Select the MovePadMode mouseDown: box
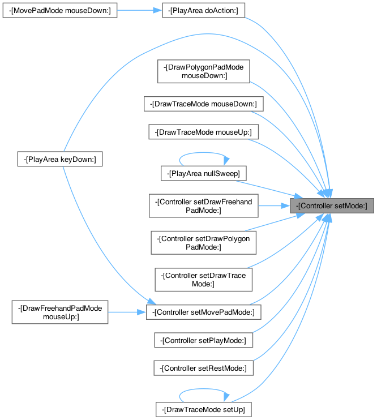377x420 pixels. click(59, 11)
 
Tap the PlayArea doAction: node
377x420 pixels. click(203, 11)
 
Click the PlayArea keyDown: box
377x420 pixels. click(59, 160)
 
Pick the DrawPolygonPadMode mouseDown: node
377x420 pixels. click(204, 71)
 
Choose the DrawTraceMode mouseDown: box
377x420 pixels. click(204, 104)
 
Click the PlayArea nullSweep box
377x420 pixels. click(204, 172)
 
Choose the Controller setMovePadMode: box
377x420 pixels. click(204, 312)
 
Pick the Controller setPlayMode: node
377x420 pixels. click(204, 340)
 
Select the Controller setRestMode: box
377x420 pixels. click(204, 368)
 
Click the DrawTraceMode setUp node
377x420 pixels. click(204, 409)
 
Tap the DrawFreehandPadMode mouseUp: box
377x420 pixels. click(59, 312)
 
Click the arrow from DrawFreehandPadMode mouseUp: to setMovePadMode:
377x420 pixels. click(127, 312)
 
